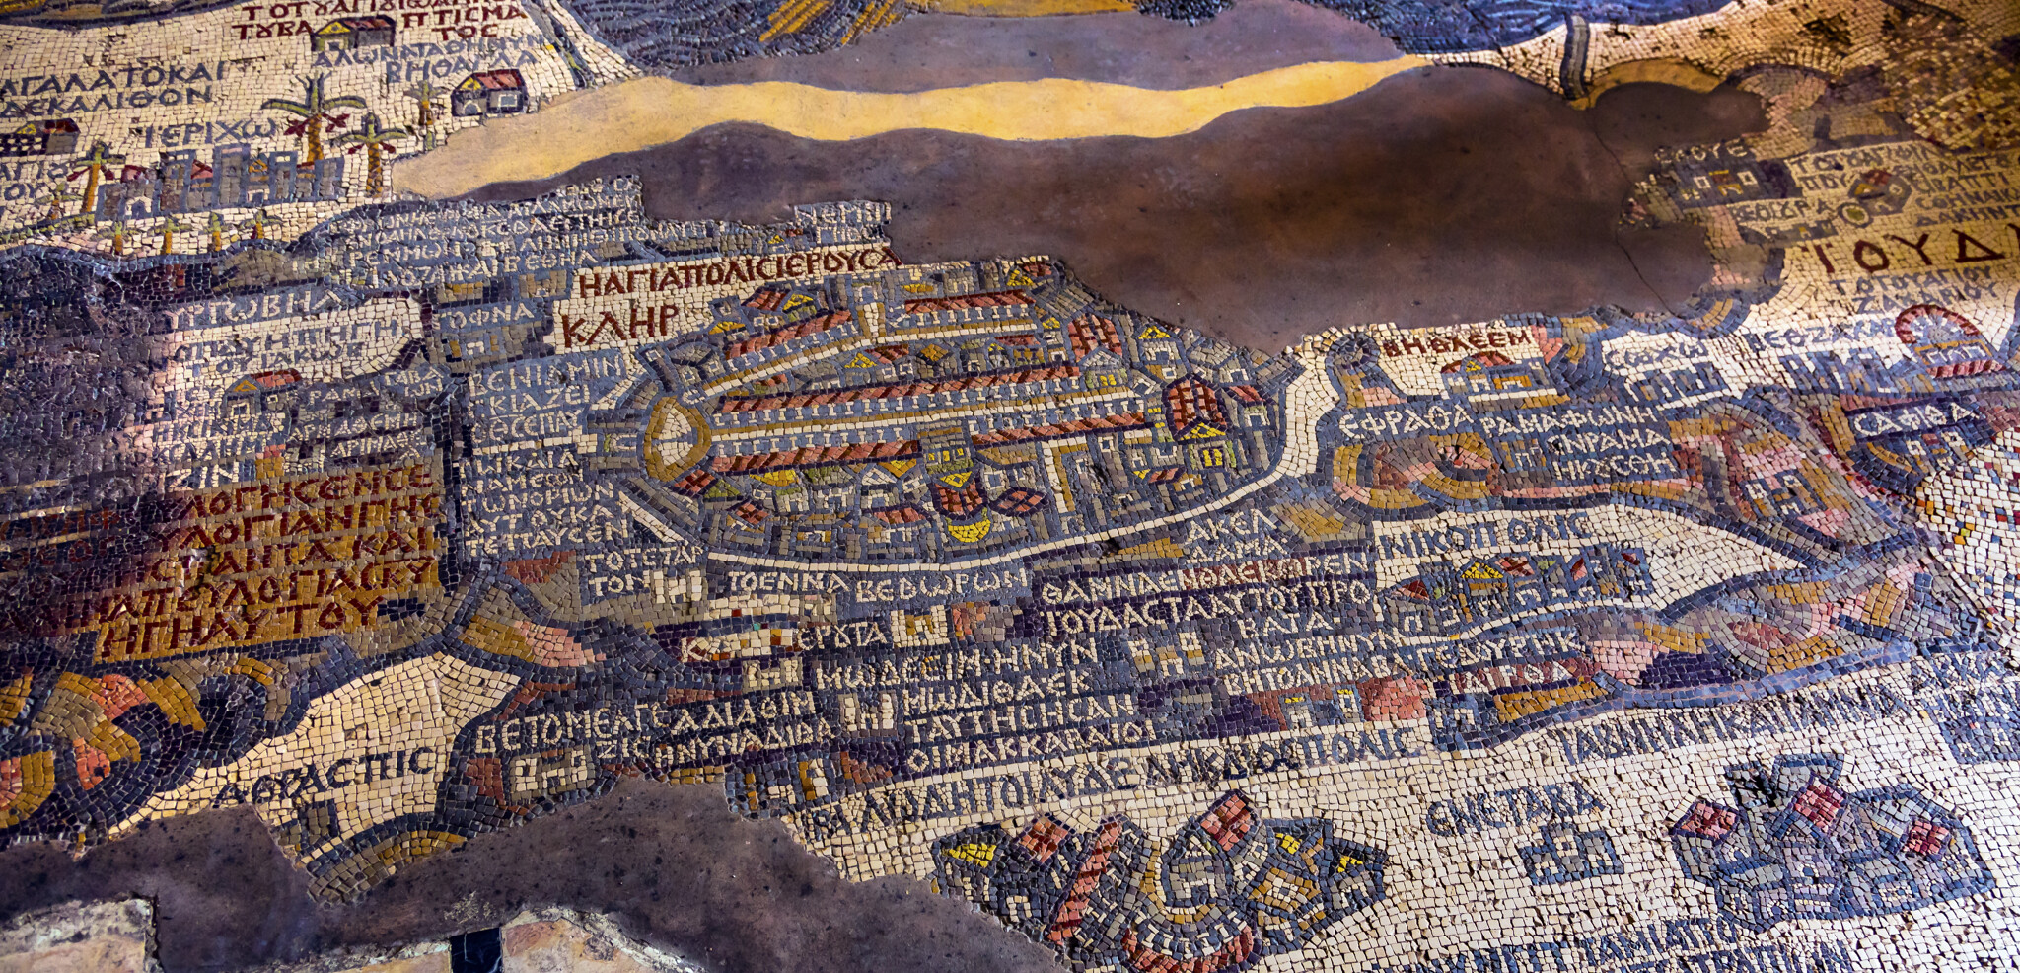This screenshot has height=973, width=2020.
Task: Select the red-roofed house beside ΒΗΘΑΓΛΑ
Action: (488, 93)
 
